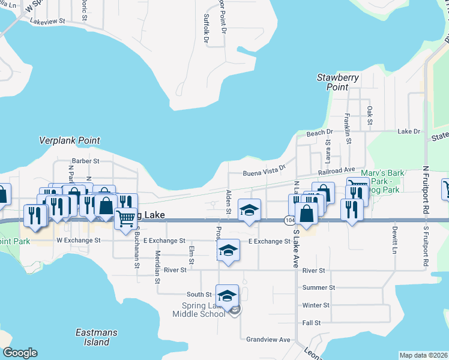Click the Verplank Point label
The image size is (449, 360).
click(69, 140)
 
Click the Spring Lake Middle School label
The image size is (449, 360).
click(199, 310)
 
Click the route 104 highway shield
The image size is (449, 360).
click(289, 220)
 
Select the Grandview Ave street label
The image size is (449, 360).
click(268, 339)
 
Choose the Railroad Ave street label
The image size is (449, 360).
click(337, 171)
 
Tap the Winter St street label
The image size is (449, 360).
click(316, 305)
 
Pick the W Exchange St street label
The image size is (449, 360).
click(78, 240)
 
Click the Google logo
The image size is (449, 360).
click(20, 353)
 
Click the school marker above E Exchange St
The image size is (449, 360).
click(250, 210)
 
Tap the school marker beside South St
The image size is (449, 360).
click(227, 296)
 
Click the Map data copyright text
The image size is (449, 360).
click(423, 355)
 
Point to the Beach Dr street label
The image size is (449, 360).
click(319, 133)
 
